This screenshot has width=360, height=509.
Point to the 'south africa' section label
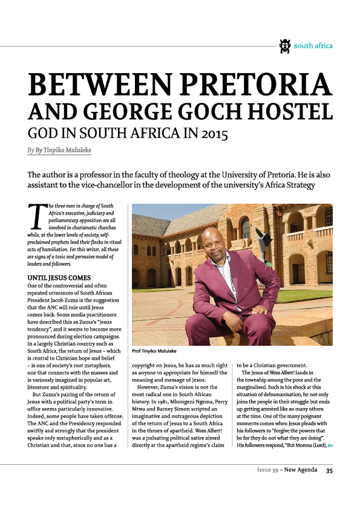(x=313, y=45)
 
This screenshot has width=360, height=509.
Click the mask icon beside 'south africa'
(x=285, y=45)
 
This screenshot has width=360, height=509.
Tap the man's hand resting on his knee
(x=261, y=311)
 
